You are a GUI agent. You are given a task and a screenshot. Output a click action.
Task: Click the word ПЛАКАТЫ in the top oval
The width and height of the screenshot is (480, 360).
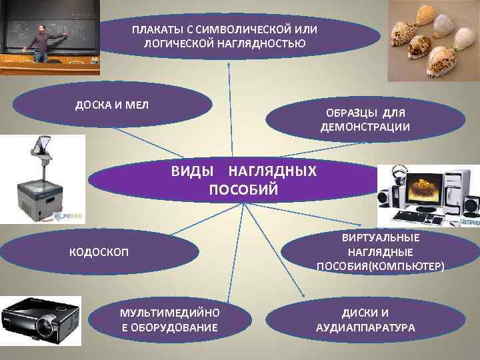[x=155, y=31]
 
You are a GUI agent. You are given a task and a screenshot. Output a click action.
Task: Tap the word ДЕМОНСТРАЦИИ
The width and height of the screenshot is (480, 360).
[x=365, y=127]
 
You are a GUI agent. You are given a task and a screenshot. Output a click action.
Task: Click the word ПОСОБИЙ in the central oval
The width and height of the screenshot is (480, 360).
[x=243, y=189]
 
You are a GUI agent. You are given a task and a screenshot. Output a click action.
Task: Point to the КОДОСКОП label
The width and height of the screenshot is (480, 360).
[x=100, y=251]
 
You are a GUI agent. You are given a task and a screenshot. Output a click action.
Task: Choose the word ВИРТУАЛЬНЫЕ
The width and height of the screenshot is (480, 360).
[x=381, y=237]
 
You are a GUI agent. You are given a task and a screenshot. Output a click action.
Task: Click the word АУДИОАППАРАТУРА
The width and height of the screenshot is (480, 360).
[x=365, y=328]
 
